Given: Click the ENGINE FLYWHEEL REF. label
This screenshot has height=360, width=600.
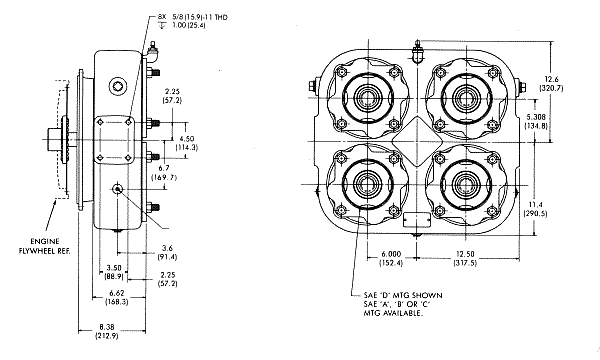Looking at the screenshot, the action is coord(45,246).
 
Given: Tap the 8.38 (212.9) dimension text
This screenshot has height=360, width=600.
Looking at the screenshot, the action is coord(106,332).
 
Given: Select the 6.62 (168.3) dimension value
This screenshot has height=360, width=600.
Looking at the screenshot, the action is coord(116,297).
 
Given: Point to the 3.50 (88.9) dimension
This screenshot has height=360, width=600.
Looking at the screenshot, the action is coord(114,271).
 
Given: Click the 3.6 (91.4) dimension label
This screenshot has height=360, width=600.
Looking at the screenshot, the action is coord(167,252).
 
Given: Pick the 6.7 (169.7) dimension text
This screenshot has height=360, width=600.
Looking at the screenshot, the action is coord(164,173).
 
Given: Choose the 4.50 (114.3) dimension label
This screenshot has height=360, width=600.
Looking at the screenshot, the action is coord(186,143).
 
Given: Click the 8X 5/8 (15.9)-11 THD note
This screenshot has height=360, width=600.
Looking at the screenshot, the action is coord(193,17).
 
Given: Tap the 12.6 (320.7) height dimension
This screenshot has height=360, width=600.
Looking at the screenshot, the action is coord(551,83).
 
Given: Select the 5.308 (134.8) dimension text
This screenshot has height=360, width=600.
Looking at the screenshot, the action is coord(536,121).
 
